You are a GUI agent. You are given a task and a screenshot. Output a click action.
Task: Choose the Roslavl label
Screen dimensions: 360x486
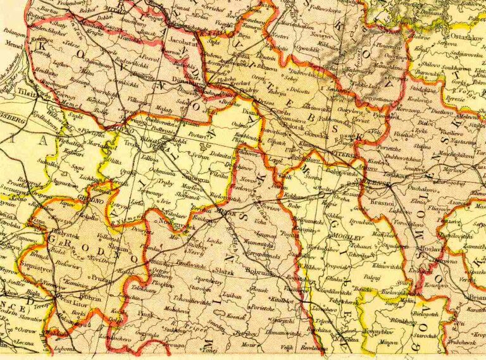tap(430, 250)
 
